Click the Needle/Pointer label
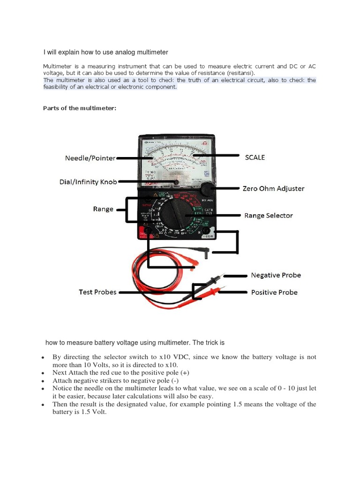[90, 158]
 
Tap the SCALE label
[255, 157]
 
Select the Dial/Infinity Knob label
[88, 181]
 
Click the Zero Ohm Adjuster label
[273, 188]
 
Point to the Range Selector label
[268, 216]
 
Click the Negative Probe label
[276, 275]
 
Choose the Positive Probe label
[274, 292]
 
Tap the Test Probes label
[97, 292]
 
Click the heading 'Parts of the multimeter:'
[79, 108]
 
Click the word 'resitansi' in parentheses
[241, 74]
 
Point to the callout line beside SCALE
[216, 155]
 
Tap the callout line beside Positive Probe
[233, 292]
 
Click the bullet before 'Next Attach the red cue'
[43, 374]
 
